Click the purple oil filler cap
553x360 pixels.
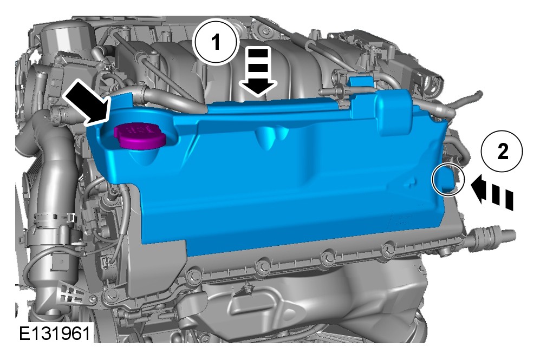pos(140,136)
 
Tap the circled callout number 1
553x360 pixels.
pos(216,42)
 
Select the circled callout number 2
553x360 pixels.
pos(502,151)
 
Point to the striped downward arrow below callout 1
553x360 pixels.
pos(258,73)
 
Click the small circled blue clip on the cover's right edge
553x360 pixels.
pos(447,179)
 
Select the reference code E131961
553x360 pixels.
pos(54,333)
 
